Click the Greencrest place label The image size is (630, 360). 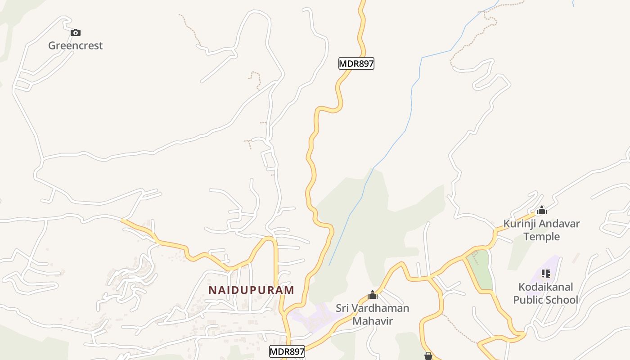75,45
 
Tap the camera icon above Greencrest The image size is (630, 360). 76,32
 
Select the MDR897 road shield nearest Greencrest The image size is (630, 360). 356,63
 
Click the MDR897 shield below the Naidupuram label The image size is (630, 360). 287,351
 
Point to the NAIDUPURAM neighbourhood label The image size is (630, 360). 251,290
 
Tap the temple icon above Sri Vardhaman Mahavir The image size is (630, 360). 373,295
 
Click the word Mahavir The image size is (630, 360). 373,321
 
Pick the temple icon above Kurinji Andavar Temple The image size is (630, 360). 542,211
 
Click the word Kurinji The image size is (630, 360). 520,224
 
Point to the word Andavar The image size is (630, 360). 559,224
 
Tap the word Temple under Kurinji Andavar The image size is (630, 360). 542,237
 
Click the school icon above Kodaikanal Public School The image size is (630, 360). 546,274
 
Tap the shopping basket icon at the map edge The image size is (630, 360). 428,356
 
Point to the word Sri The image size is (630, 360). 343,308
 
